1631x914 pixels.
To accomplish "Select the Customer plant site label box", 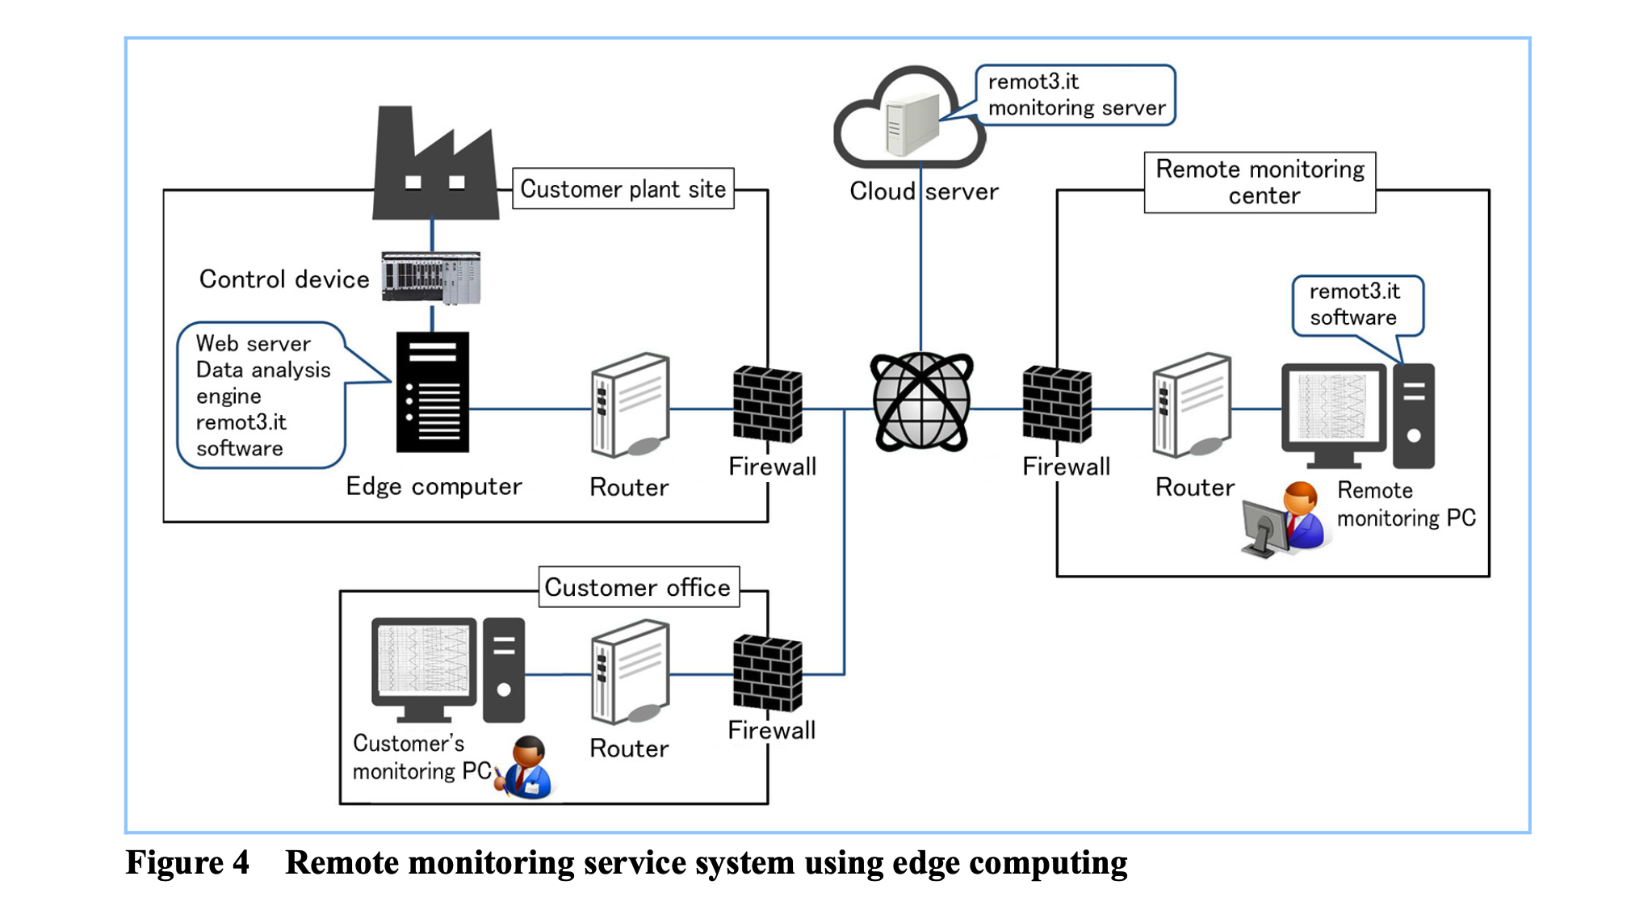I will coord(623,189).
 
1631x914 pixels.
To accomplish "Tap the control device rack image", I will coord(431,278).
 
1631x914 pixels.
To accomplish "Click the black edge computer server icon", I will coord(433,392).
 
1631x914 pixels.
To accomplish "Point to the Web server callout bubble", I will coord(261,395).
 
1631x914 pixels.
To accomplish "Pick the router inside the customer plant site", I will coord(631,405).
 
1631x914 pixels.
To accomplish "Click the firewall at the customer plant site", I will coord(767,404).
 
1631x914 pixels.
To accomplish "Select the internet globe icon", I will coord(921,401).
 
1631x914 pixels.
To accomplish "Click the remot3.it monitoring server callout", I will coord(1075,94).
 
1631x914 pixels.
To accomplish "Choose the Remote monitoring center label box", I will coord(1260,182).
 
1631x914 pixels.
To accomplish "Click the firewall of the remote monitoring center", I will coord(1056,404).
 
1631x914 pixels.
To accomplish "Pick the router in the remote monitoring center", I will coord(1193,405).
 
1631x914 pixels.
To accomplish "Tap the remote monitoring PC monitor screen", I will coord(1333,407).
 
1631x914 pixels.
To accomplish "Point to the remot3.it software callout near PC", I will coord(1356,304).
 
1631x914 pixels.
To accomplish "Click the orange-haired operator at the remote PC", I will coord(1302,514).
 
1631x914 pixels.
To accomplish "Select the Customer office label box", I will coord(638,587).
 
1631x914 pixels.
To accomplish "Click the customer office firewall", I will coord(767,673).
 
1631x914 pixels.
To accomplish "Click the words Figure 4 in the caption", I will coord(187,862).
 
